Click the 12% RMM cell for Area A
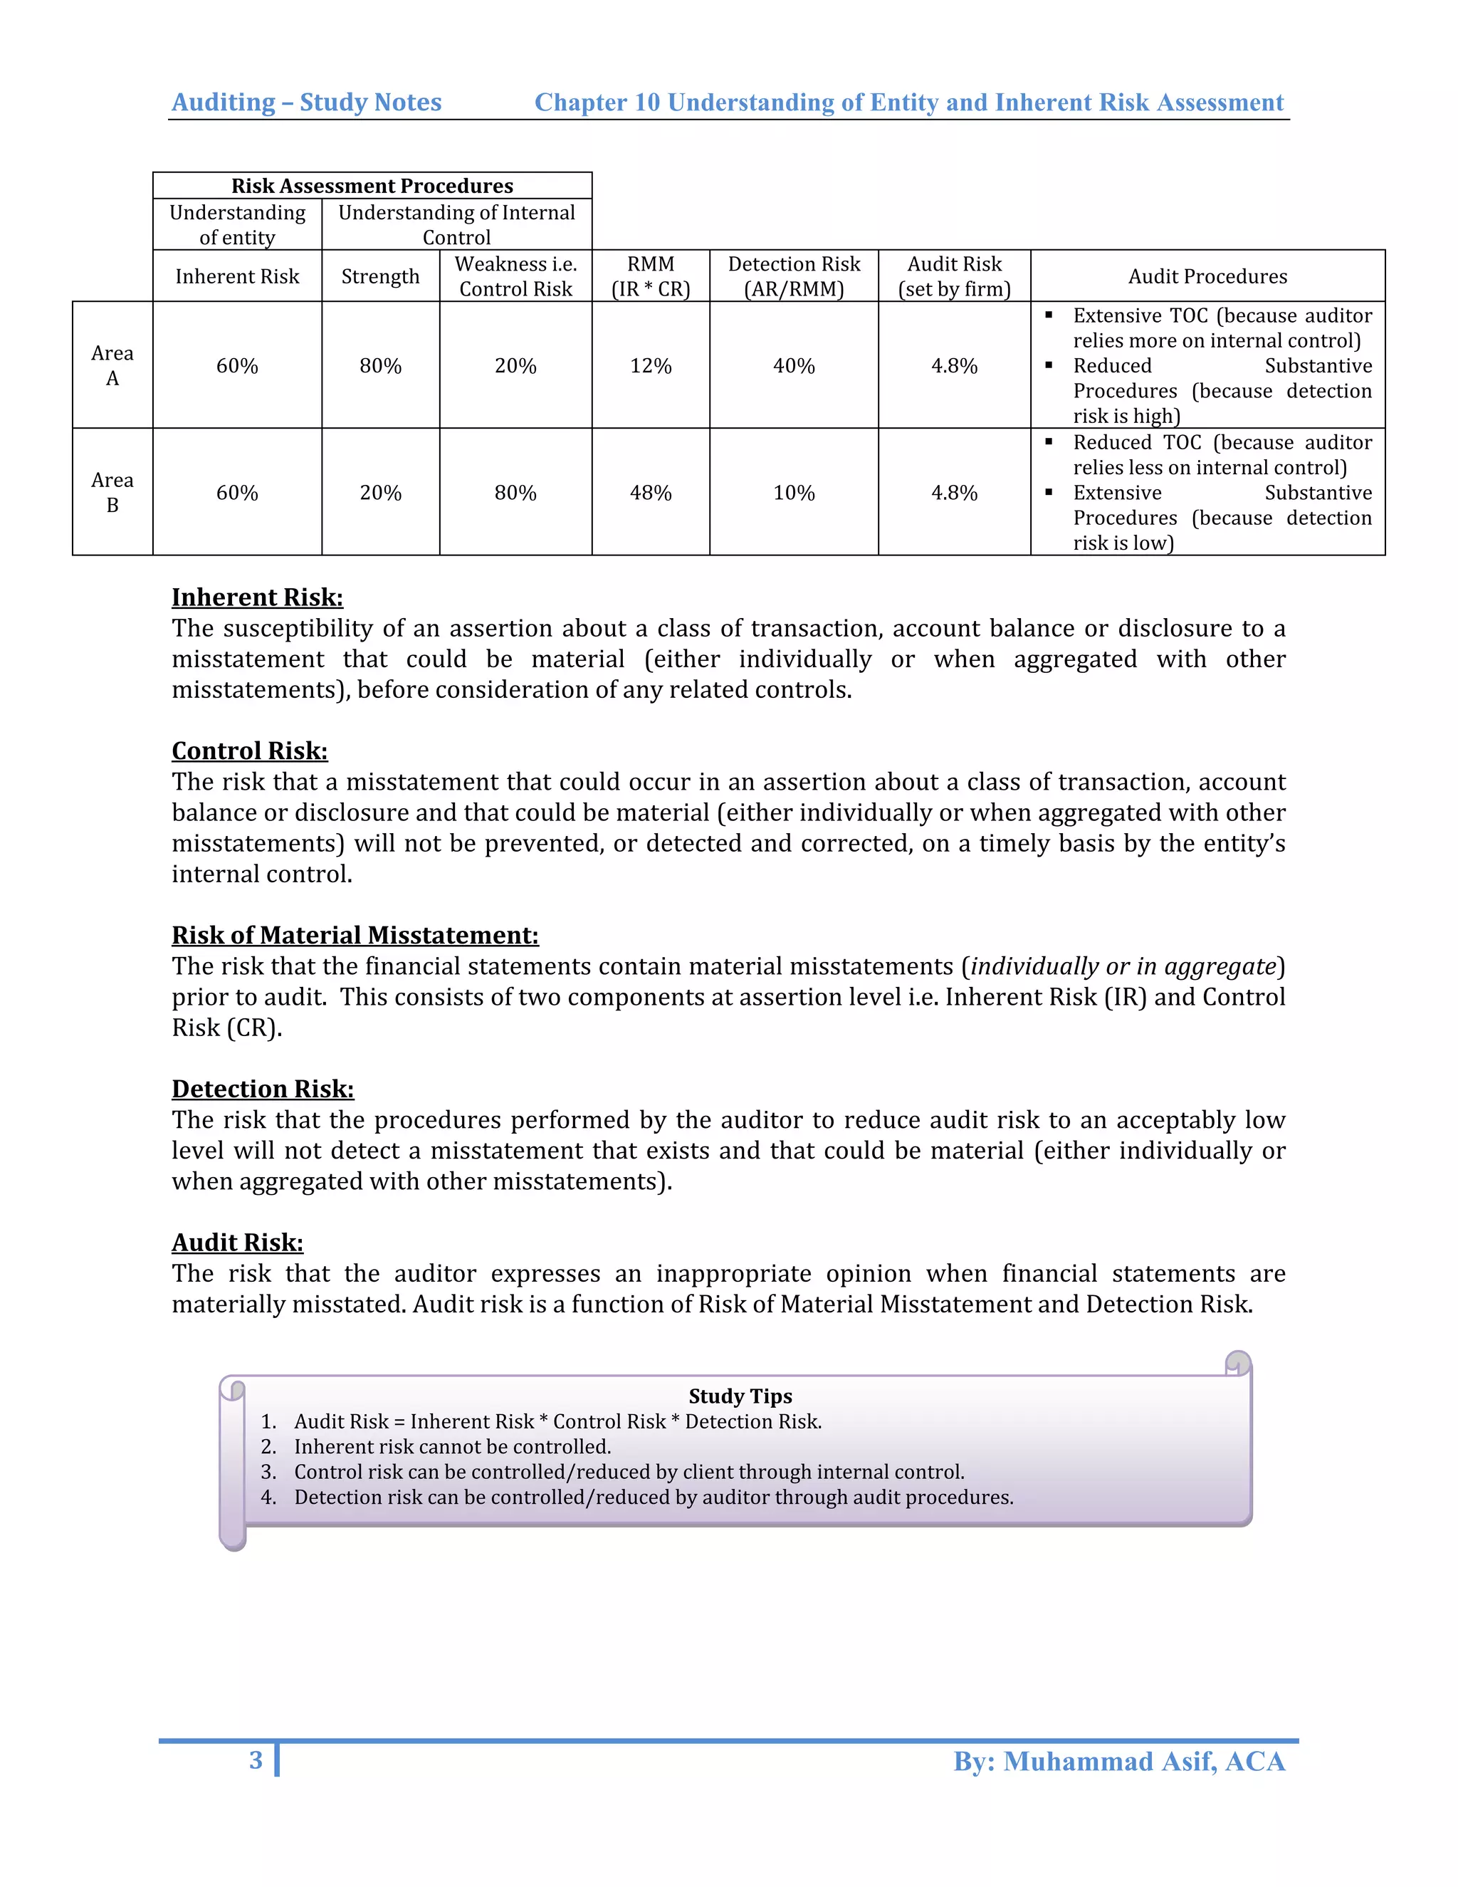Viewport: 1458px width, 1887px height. [651, 365]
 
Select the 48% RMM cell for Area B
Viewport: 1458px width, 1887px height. [651, 493]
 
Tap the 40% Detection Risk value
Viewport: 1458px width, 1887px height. [794, 365]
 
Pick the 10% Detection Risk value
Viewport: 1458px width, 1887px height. [794, 493]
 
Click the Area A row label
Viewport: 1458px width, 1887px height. [112, 365]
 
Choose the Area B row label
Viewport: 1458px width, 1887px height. [112, 493]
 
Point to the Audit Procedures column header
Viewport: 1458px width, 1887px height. [1207, 276]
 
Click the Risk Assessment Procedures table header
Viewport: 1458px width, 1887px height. [372, 186]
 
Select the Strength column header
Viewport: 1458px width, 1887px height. [380, 276]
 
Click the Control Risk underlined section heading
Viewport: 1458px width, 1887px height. [250, 751]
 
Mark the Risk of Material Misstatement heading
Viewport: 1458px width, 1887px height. [355, 935]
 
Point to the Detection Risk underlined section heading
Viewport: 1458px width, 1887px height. [263, 1089]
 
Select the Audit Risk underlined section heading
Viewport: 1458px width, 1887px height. [238, 1243]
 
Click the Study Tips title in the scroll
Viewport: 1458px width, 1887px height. [740, 1396]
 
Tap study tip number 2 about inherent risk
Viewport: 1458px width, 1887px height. [452, 1446]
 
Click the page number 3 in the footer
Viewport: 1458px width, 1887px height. [256, 1760]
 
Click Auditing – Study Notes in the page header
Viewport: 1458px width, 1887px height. [307, 102]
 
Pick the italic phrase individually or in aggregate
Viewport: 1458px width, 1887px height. [1123, 966]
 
